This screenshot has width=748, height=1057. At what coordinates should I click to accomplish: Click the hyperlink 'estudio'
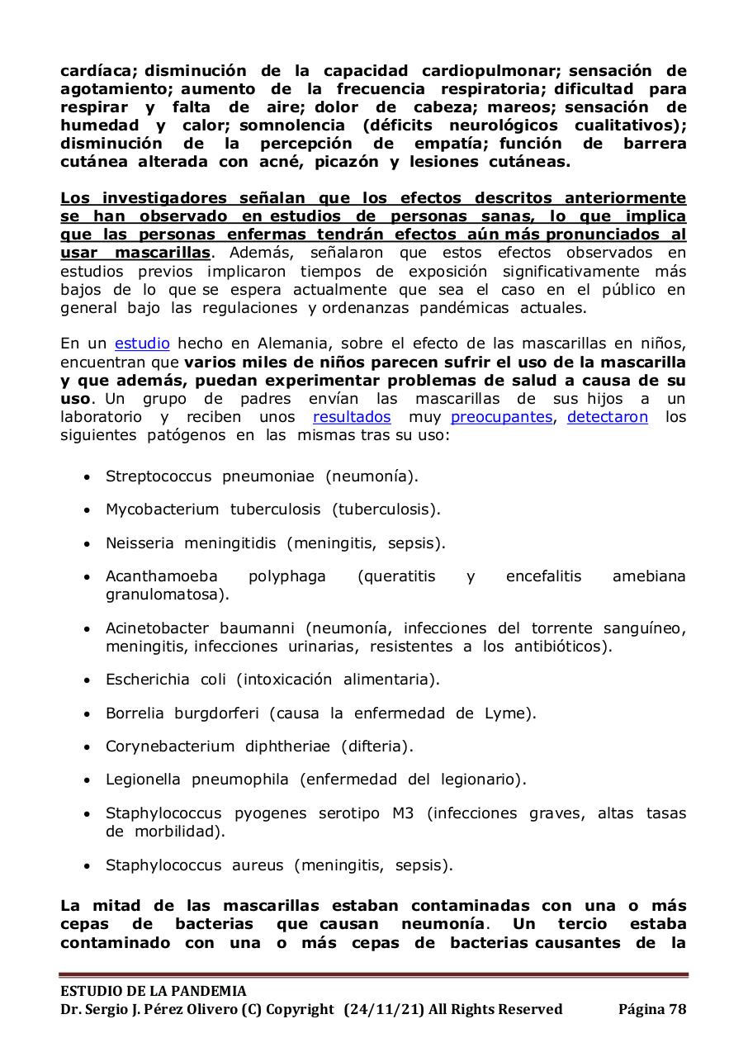pos(142,344)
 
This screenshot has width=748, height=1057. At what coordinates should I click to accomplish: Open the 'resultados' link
pos(352,417)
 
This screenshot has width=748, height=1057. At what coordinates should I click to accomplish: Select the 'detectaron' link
pos(608,417)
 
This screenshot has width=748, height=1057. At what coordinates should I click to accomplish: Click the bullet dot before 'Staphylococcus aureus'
pos(88,866)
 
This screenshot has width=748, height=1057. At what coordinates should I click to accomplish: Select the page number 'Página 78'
pos(652,1009)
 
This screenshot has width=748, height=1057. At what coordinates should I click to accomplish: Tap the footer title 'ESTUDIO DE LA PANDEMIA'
pos(154,991)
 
